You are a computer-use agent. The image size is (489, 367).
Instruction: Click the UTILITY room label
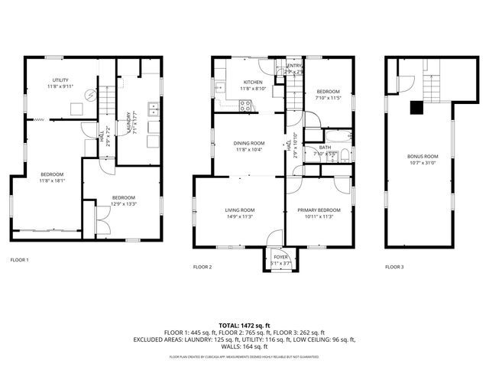tap(60, 80)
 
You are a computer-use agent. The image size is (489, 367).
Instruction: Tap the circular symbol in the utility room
tap(91, 96)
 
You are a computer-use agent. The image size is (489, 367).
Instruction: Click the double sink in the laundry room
tap(154, 108)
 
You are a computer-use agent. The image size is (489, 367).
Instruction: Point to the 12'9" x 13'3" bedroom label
tap(122, 200)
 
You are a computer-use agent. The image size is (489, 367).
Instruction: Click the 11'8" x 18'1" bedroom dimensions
tap(51, 180)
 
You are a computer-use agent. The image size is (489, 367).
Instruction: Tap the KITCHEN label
tap(253, 83)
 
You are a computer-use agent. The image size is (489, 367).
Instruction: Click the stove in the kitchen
tap(246, 107)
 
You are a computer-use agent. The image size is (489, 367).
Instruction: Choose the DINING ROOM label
tap(249, 143)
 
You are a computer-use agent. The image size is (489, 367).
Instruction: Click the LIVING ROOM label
tap(239, 210)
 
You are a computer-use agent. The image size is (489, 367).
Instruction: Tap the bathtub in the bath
tap(344, 156)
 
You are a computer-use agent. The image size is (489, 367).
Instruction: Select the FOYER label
tap(280, 258)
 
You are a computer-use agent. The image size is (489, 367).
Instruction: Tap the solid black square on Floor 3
tap(416, 108)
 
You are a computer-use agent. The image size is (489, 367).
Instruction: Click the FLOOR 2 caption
tap(202, 267)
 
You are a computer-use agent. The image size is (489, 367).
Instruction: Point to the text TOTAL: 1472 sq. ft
tap(244, 326)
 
